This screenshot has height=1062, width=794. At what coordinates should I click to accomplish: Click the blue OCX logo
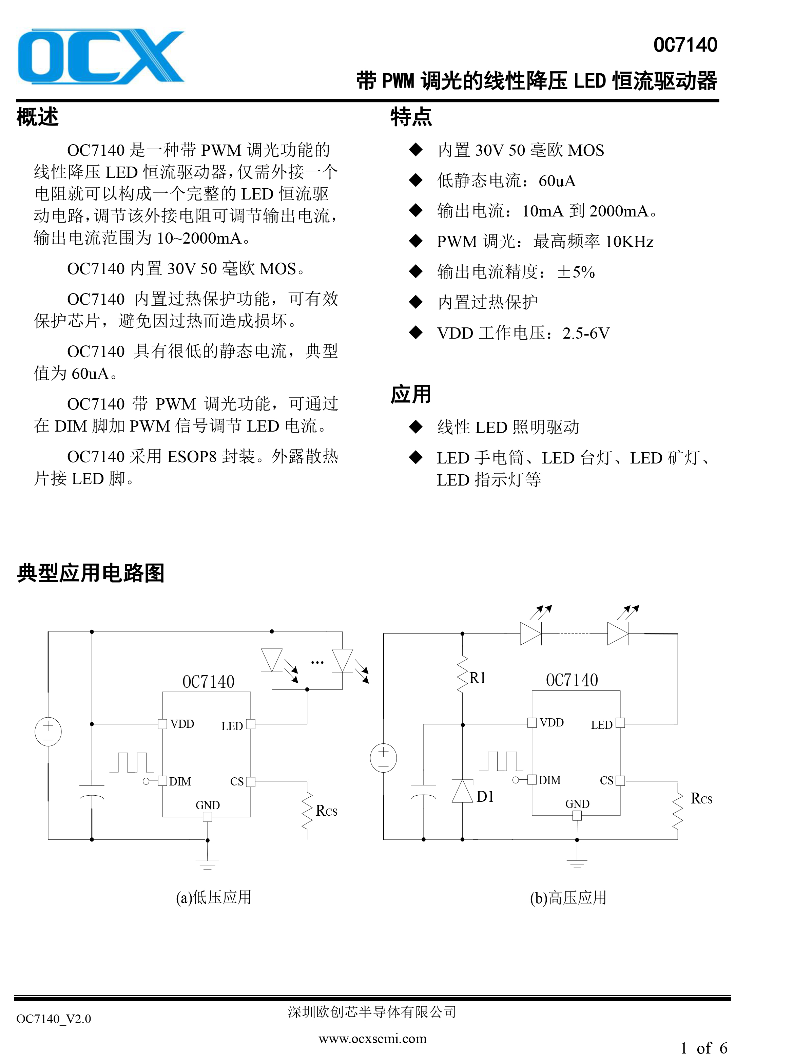point(101,57)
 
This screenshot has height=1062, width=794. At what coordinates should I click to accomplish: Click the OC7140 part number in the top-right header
point(685,45)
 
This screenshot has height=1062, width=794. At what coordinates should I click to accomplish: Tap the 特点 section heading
point(411,117)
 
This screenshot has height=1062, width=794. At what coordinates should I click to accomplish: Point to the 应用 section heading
point(411,394)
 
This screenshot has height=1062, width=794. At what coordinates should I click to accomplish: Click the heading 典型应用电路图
point(91,573)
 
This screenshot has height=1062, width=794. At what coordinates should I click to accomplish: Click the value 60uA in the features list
point(557,181)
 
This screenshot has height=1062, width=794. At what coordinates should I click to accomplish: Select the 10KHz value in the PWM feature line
point(630,242)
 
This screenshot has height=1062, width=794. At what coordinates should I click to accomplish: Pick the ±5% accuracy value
point(576,272)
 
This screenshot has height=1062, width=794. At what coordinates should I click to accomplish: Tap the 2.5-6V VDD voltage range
point(586,333)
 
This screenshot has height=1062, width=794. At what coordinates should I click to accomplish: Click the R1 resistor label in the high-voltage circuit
point(477,678)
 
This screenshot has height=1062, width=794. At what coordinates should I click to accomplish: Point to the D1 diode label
point(485,797)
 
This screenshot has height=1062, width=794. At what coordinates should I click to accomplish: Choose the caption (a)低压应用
point(214,897)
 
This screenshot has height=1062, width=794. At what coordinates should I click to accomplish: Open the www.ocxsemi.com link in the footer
point(372,1039)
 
